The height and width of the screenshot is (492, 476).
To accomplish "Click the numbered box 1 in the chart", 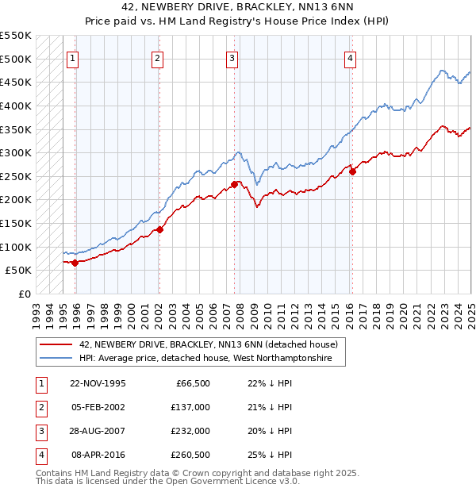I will pos(73,57).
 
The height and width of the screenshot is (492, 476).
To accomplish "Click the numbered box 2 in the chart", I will pos(158,57).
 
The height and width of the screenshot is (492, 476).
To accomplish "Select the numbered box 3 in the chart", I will pos(232,57).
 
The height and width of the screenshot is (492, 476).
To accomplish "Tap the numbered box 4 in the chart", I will pos(350,57).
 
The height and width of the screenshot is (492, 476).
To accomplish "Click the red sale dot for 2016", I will pos(352,171).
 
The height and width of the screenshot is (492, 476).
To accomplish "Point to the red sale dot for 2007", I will pos(235,185).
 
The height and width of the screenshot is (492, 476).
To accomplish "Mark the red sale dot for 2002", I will pos(159,229).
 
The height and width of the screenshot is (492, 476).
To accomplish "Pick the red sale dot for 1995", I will pos(75,263).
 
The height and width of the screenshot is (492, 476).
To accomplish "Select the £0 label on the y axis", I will pos(24,294).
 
